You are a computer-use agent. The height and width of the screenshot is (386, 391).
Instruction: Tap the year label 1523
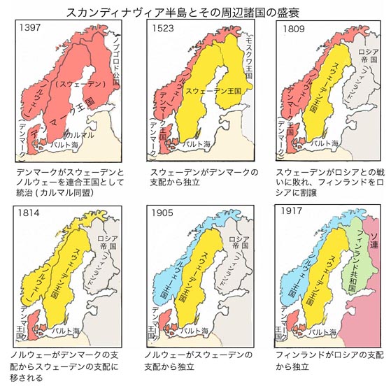(x=164, y=29)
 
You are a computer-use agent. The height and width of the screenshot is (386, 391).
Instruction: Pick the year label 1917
(x=293, y=210)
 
